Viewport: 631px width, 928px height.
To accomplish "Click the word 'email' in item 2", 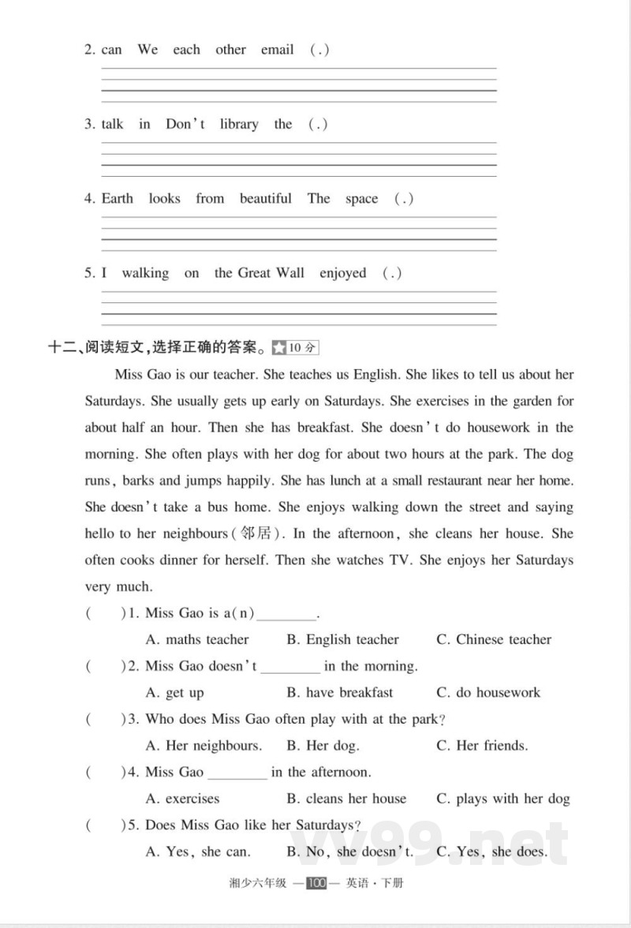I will tap(277, 50).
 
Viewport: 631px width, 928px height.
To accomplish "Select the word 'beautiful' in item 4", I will tap(266, 199).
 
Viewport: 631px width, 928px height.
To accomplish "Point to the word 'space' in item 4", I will tap(361, 199).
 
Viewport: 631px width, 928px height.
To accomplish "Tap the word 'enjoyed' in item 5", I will tap(343, 273).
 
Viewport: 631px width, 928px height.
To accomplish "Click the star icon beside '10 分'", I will tap(279, 347).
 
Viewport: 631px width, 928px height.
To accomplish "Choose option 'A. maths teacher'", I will tap(197, 640).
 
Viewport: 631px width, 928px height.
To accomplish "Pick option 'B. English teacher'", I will tap(342, 640).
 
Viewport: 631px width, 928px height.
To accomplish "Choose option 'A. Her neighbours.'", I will tap(204, 746).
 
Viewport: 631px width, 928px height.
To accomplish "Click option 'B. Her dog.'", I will tap(323, 746).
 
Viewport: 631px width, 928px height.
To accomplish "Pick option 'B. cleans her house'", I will tap(346, 799).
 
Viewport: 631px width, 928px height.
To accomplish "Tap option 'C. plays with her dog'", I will tap(502, 799).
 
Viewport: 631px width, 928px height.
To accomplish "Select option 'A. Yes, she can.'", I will tap(199, 852).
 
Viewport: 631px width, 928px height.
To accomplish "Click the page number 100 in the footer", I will tap(316, 883).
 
